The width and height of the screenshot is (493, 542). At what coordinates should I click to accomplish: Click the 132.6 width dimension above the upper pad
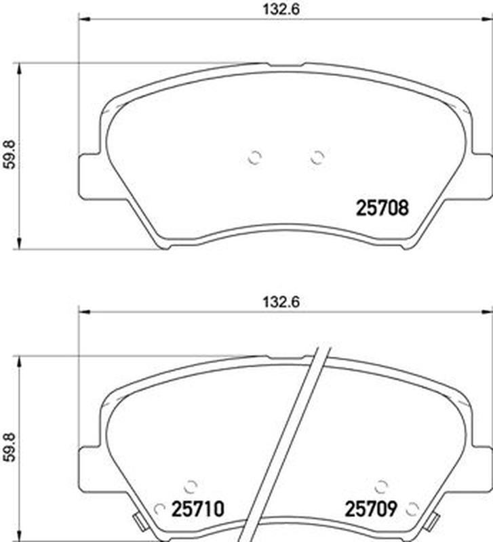pos(281,9)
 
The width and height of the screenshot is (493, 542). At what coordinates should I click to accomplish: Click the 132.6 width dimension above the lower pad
pos(281,302)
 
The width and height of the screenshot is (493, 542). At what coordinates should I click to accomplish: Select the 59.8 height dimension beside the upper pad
pos(10,154)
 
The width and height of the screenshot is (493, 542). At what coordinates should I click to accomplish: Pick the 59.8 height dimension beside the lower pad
pos(10,447)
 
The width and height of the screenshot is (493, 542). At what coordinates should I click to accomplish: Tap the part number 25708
pos(382,208)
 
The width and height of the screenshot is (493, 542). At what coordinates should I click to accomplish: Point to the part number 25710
pos(198,509)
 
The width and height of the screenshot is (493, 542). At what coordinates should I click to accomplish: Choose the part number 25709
pos(371,509)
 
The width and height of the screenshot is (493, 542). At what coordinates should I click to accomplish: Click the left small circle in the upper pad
pos(255,158)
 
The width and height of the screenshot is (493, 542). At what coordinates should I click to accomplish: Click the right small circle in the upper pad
pos(317,158)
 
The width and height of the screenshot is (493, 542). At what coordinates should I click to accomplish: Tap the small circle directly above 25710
pos(191,486)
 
